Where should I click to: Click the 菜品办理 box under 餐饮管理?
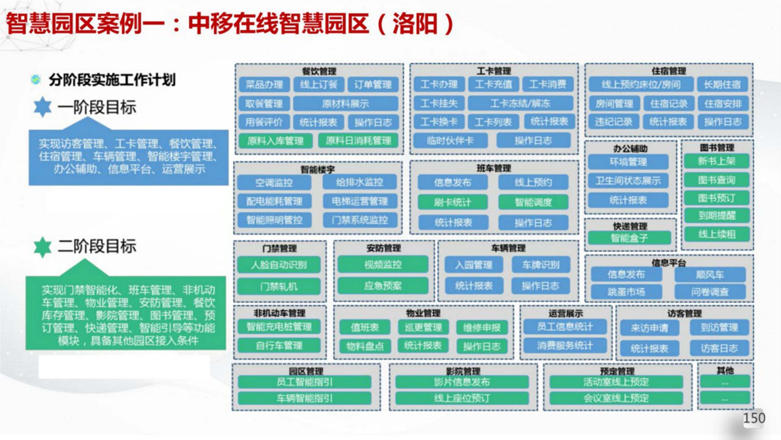pos(264,85)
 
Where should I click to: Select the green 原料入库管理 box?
pos(275,140)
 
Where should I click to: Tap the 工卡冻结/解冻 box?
pos(520,103)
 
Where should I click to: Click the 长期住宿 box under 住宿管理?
pos(722,85)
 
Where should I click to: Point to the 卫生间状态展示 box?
pos(627,180)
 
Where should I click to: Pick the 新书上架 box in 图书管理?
pos(717,161)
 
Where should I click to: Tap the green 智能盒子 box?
pos(629,238)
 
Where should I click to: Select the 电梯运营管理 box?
pos(360,201)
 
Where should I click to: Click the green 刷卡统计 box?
pos(453,202)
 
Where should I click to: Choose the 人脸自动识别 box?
pos(279,265)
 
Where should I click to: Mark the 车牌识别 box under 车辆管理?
pos(540,265)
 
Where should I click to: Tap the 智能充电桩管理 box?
pos(279,327)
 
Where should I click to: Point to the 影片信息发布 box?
pos(462,382)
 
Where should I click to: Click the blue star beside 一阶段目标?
pos(43,107)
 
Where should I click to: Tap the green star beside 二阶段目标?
pos(43,247)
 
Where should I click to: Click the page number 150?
pos(754,418)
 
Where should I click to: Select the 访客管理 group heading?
pos(684,313)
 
